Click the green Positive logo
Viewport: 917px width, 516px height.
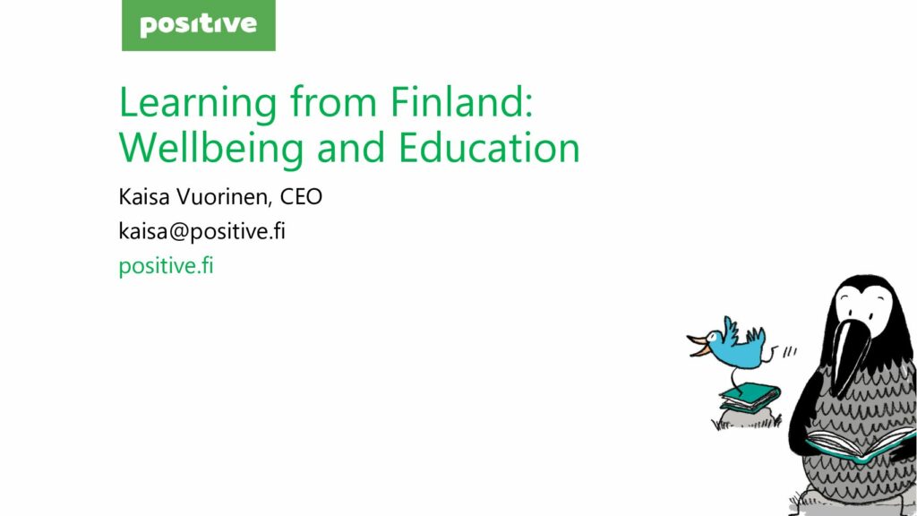pos(198,25)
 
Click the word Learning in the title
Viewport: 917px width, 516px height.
pos(198,104)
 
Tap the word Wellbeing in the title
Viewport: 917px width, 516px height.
pos(211,149)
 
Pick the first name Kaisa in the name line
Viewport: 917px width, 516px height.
pos(144,196)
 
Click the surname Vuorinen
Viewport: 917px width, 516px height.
pos(224,197)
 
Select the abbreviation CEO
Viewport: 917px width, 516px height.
pos(301,196)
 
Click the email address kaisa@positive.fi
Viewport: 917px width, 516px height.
pos(201,231)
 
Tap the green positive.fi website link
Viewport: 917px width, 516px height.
pos(166,266)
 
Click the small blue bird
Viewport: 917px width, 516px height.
pos(731,345)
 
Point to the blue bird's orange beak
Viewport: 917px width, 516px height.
pos(698,346)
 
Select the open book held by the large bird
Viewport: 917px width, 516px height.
pos(860,443)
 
